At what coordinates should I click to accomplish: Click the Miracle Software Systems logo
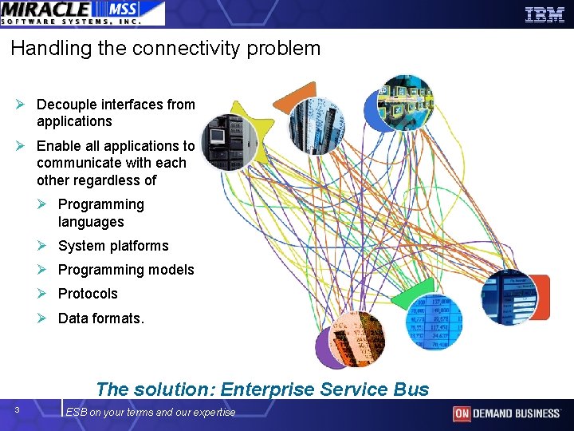(82, 13)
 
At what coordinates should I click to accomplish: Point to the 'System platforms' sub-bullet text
(113, 246)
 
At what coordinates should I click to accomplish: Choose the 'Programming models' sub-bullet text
(126, 270)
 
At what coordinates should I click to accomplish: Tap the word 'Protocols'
(88, 294)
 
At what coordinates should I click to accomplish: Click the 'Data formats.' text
(101, 318)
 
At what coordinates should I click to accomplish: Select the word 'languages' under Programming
(91, 222)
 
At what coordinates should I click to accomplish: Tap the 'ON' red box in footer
(462, 413)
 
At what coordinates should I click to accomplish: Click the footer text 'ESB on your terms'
(116, 412)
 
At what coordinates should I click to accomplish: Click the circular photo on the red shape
(510, 296)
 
